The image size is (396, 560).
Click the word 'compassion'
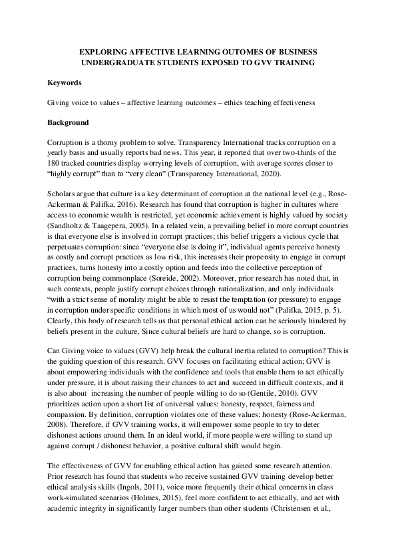67,405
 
